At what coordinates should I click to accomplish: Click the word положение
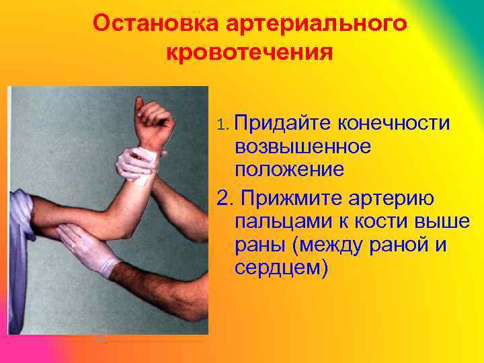click(x=290, y=169)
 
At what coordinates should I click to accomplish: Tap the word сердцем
click(x=278, y=269)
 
